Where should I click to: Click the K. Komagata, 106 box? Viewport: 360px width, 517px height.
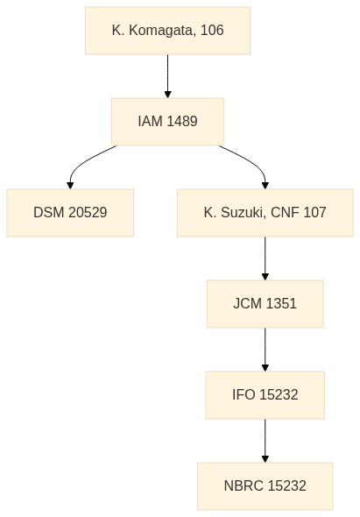coord(167,31)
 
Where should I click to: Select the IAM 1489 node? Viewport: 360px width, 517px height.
coord(167,122)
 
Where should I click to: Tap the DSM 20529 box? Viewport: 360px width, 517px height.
coord(70,213)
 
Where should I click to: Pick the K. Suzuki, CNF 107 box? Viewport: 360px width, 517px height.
coord(265,213)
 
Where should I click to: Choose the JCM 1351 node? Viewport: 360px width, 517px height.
coord(265,304)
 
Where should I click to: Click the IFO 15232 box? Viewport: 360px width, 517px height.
coord(265,395)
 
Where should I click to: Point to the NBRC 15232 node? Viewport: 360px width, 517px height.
coord(265,486)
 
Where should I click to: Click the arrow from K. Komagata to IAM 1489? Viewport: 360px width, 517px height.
coord(167,76)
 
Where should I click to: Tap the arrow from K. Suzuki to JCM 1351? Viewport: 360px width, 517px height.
coord(265,258)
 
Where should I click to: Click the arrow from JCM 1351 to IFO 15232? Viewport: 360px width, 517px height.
coord(265,350)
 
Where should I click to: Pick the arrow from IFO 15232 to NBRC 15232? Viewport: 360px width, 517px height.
coord(265,441)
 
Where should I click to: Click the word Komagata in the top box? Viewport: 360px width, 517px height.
coord(161,31)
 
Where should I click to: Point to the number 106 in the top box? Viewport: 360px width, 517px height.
coord(212,31)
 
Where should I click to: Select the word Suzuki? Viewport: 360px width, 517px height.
coord(242,213)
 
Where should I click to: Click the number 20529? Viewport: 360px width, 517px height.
coord(88,213)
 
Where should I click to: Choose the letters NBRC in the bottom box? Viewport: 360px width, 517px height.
coord(244,486)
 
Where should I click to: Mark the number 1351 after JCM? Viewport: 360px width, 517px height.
coord(281,304)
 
